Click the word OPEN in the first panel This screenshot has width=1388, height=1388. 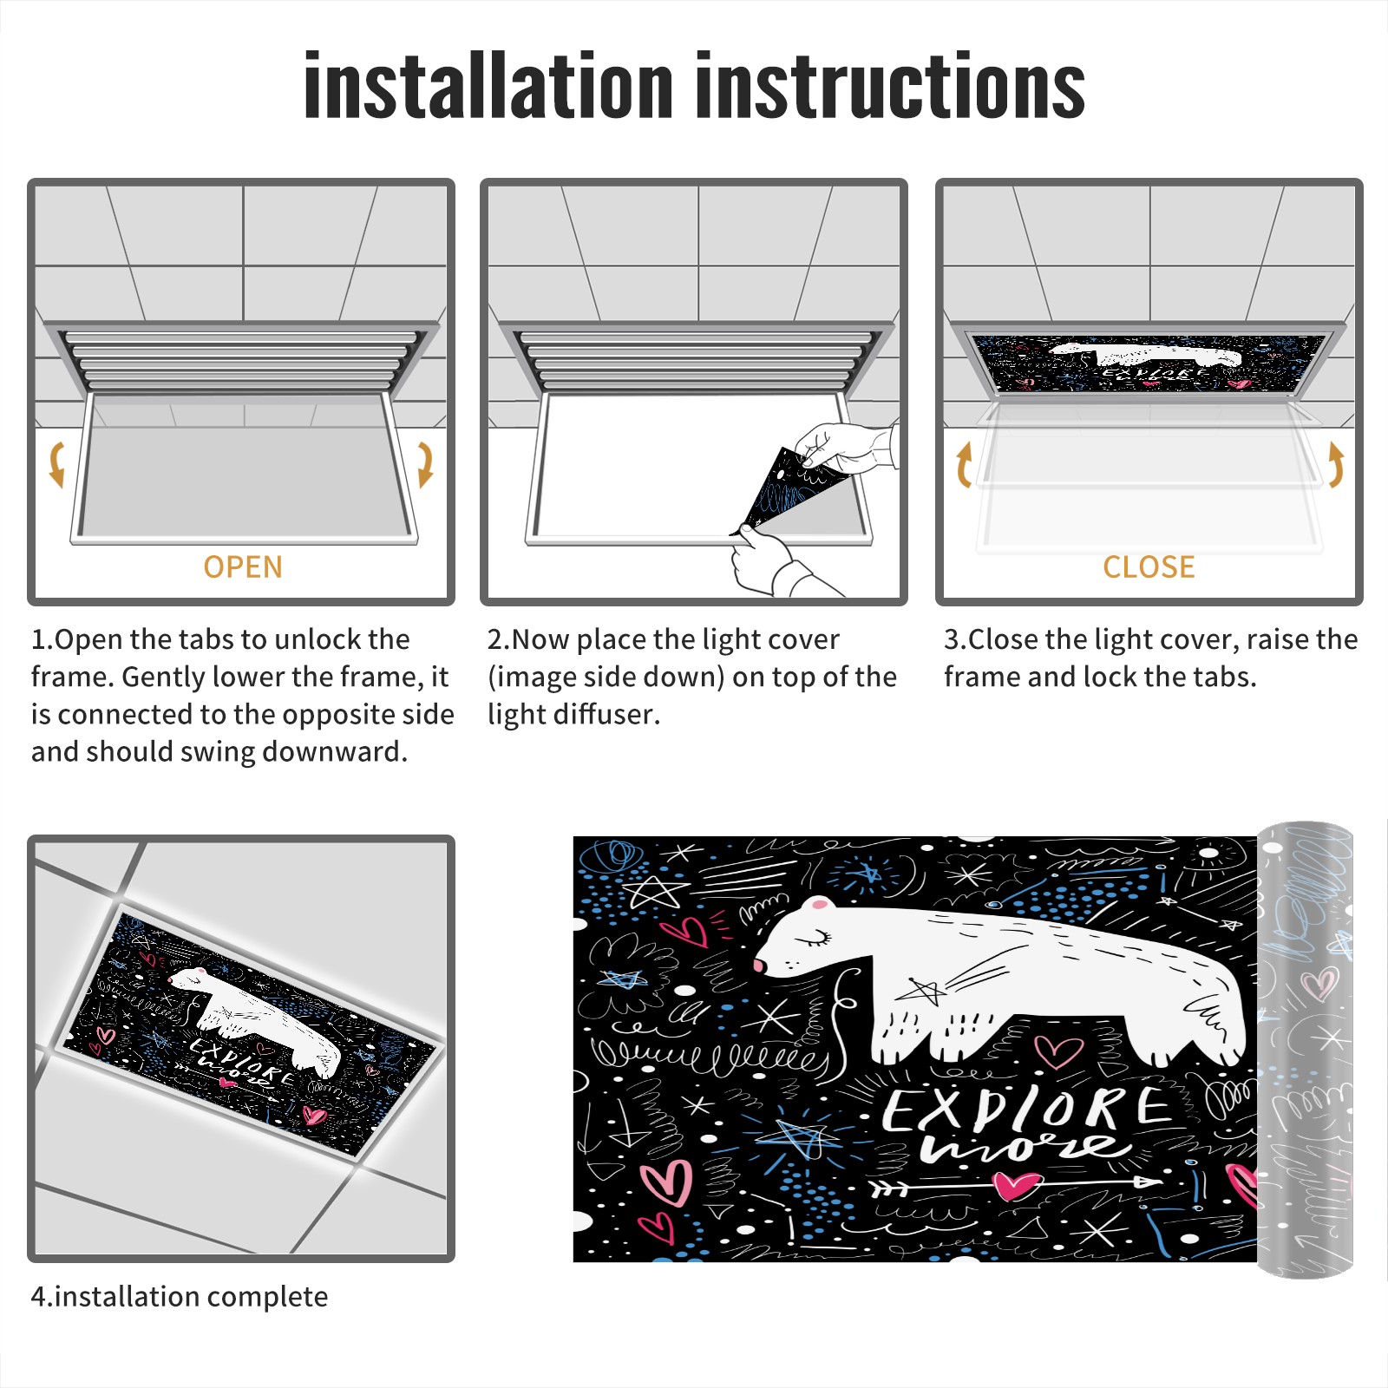[x=243, y=567]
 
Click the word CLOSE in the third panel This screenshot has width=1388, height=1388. [x=1149, y=567]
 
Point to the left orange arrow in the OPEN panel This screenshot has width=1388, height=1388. [x=57, y=464]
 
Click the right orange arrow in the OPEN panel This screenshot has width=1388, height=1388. [x=425, y=464]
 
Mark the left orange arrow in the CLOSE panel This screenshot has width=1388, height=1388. [x=964, y=464]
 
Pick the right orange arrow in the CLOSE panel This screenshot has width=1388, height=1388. [x=1336, y=464]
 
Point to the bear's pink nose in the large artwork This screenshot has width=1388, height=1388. [x=760, y=966]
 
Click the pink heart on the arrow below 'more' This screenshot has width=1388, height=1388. [x=1017, y=1184]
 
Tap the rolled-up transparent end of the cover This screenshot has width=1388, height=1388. [x=1306, y=1050]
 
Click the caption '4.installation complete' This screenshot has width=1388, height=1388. [x=180, y=1297]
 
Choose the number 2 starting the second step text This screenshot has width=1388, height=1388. [x=494, y=640]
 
